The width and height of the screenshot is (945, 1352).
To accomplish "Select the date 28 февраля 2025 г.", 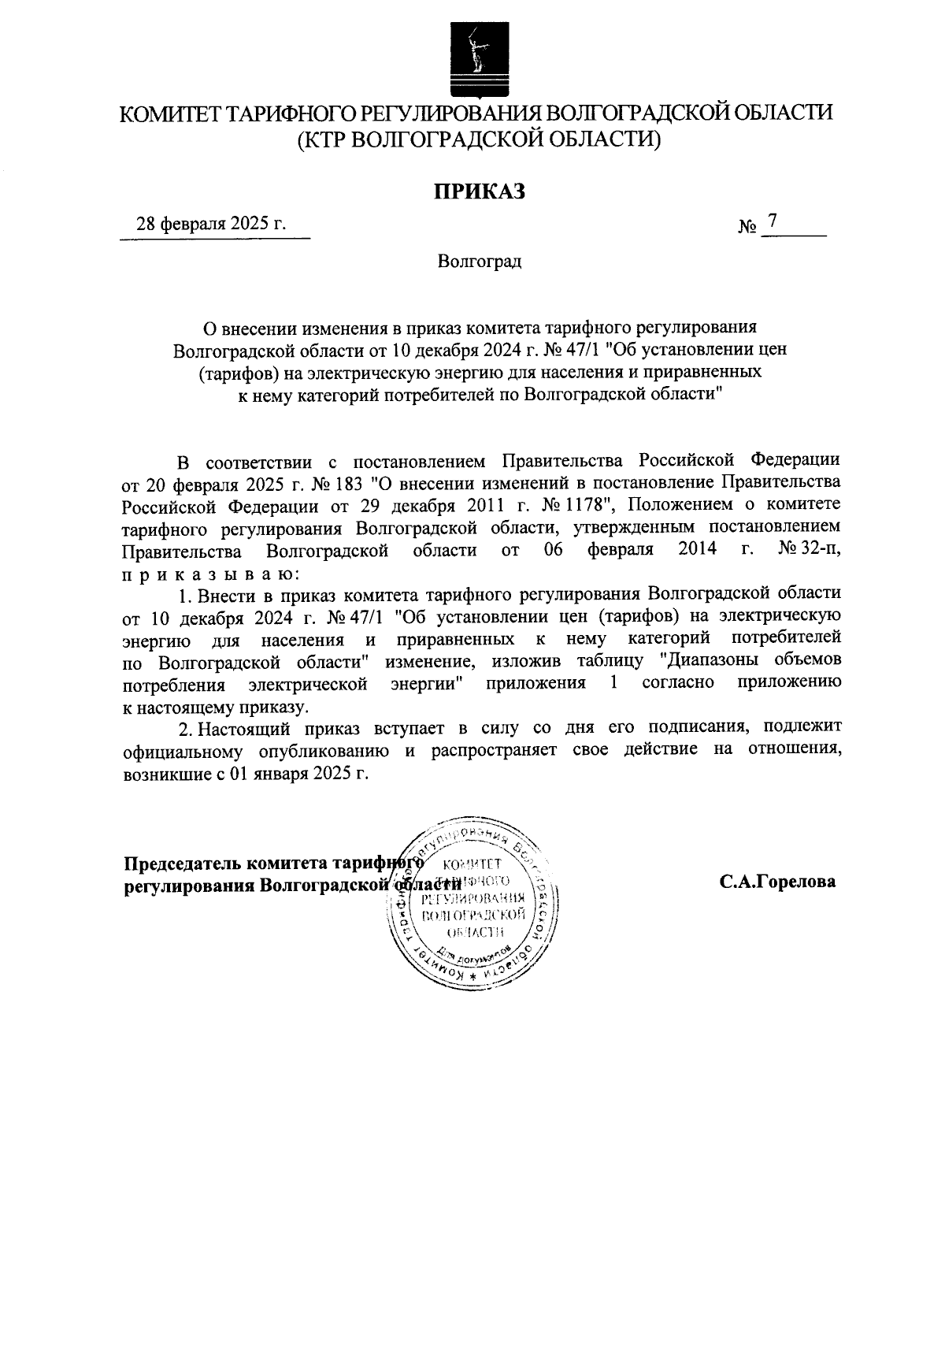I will click(x=212, y=224).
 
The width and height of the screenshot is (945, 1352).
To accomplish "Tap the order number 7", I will click(x=773, y=222).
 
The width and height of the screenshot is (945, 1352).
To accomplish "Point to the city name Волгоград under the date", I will click(x=480, y=260).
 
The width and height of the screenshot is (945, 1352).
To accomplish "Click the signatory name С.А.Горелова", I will click(x=776, y=882).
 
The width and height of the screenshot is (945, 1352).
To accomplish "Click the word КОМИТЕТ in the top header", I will click(x=169, y=113).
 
